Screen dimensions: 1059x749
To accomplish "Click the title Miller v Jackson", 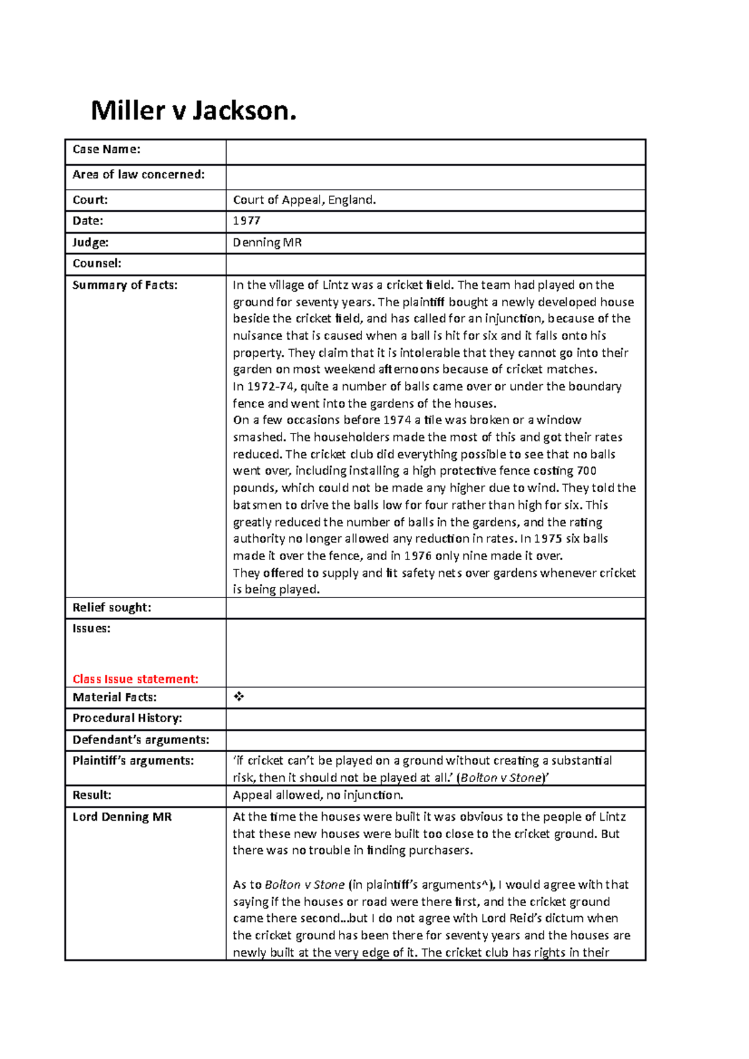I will pos(193,111).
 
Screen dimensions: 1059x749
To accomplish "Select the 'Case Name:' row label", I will pos(106,149).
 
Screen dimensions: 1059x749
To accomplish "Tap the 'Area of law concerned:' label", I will pos(138,175).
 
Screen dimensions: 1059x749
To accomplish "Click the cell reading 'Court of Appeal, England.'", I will pos(304,200).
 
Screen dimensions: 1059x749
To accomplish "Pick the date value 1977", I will pos(247,221).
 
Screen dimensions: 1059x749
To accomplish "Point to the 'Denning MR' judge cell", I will pos(267,243).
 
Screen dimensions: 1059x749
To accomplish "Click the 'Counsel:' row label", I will pos(97,263).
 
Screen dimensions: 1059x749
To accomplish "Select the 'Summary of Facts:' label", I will pos(125,285).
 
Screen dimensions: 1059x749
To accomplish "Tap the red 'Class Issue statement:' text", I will pos(135,679).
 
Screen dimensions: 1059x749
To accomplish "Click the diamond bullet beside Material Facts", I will pos(238,697).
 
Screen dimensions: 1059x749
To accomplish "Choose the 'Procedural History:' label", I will pos(127,718).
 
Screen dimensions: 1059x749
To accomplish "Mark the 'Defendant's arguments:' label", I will pos(140,740).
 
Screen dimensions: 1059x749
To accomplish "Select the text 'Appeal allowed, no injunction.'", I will pos(318,795).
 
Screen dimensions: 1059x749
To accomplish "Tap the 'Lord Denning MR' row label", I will pos(122,816).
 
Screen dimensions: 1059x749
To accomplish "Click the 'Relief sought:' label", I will pos(112,607).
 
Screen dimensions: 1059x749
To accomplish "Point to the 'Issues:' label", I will pos(91,629).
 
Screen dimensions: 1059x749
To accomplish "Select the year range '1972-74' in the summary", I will pos(272,387).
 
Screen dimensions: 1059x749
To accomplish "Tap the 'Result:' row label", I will pos(92,795).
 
